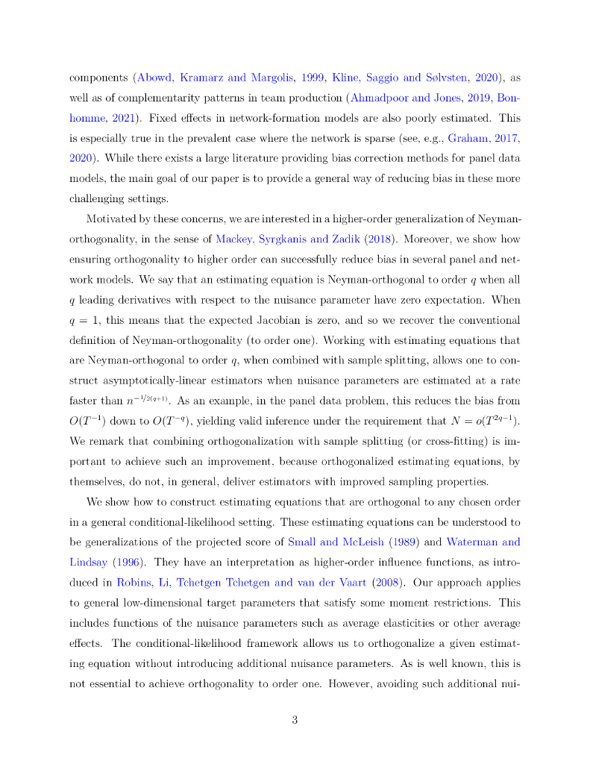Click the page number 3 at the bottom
point(295,720)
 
